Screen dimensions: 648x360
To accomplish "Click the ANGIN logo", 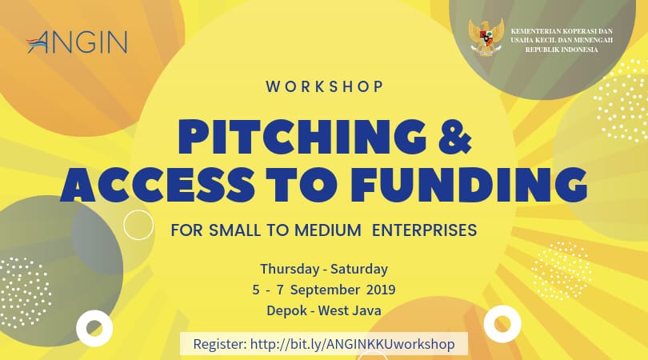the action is pos(77,42).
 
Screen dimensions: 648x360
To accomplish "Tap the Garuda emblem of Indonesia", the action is pos(486,37).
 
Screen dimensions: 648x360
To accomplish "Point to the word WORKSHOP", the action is pos(325,86).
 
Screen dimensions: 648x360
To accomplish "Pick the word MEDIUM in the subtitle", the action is pos(327,230).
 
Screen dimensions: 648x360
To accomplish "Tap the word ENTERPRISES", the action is pos(425,230).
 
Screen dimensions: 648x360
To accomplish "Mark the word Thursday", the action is pos(290,270).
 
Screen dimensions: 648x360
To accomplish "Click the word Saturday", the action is pos(359,269).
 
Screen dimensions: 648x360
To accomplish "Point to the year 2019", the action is pos(381,290).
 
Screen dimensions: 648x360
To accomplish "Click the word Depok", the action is pos(286,311).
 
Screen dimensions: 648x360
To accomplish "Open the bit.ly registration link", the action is pos(353,344).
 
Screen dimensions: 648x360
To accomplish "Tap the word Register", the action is pos(220,344).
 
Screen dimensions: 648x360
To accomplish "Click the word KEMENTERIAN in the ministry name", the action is pos(532,31).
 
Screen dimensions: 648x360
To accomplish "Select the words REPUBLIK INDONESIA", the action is pos(562,50).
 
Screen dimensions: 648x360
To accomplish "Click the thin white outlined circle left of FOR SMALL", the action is pos(138,225).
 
